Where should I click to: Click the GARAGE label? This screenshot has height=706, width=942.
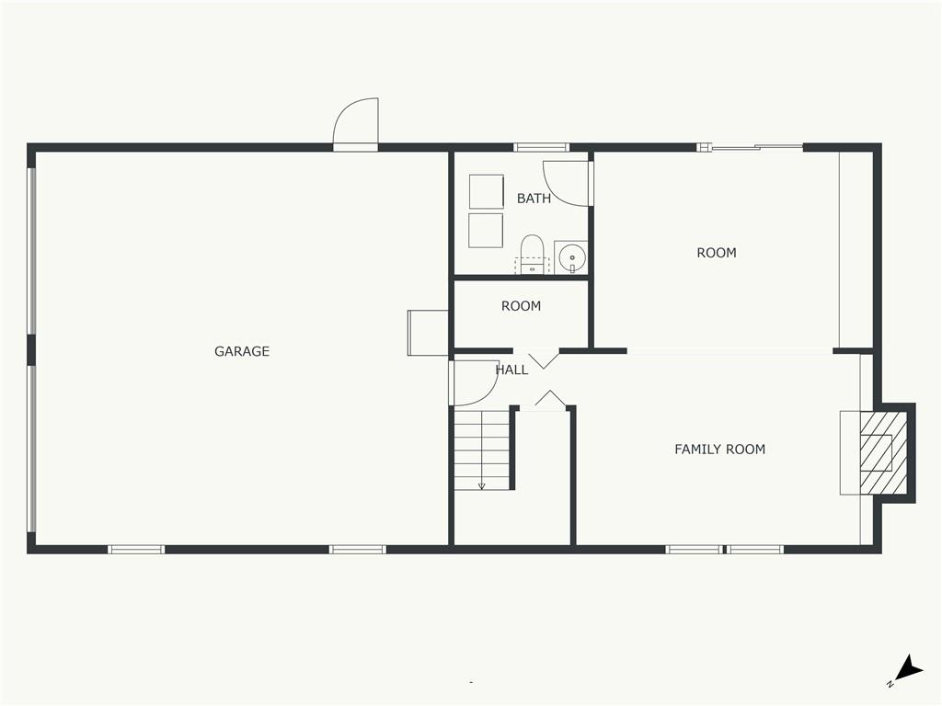[242, 351]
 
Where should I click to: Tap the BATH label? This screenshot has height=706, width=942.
[534, 199]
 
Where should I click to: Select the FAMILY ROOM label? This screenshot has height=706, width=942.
[719, 450]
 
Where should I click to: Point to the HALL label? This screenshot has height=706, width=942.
[511, 370]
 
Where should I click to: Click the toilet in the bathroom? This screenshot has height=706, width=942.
[532, 255]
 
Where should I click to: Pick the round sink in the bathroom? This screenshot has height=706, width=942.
[571, 256]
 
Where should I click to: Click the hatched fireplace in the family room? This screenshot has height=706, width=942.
[883, 453]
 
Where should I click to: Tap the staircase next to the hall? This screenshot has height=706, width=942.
[481, 450]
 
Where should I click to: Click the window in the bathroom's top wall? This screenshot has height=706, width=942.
[541, 147]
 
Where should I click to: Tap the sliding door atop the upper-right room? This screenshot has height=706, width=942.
[750, 147]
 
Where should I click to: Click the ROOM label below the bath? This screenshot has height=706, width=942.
[521, 306]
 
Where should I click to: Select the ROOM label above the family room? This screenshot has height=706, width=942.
[716, 253]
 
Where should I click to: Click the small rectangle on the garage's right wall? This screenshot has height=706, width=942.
[428, 333]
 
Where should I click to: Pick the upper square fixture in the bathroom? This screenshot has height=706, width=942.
[486, 191]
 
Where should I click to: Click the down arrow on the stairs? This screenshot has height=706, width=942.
[481, 484]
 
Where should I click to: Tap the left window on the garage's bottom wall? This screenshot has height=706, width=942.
[136, 550]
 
